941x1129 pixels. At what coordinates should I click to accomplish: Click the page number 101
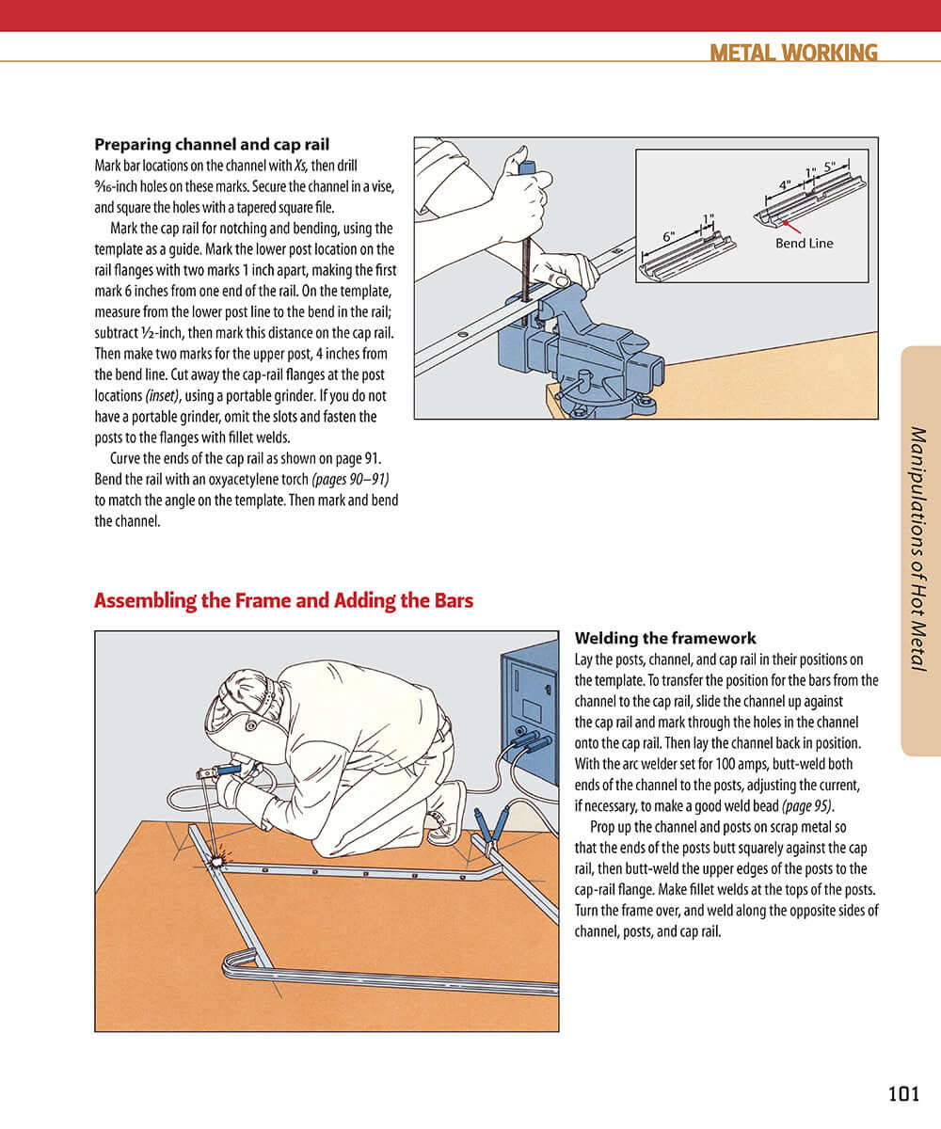[902, 1093]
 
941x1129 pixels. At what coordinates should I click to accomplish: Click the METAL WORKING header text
[793, 53]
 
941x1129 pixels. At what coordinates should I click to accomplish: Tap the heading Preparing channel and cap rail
[212, 145]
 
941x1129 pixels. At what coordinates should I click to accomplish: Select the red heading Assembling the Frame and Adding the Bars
[283, 600]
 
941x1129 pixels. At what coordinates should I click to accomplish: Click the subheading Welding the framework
[665, 638]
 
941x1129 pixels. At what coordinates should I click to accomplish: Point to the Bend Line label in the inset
[804, 243]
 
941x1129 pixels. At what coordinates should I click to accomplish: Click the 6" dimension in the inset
[668, 237]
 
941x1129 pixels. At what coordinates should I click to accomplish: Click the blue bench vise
[583, 348]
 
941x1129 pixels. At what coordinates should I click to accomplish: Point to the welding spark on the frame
[219, 859]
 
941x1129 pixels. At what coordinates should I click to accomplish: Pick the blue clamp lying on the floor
[491, 828]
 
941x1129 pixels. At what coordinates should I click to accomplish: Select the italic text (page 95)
[806, 806]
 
